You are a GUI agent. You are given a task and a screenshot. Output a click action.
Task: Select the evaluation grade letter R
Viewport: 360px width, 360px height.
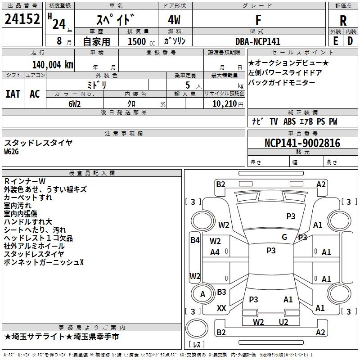pyautogui.click(x=343, y=20)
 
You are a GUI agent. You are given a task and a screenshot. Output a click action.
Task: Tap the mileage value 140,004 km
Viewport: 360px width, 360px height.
pyautogui.click(x=53, y=64)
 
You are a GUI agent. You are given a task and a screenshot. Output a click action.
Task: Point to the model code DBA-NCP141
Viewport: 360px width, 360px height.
pyautogui.click(x=258, y=41)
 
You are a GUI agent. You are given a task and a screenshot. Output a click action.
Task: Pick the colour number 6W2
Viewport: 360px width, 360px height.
pyautogui.click(x=74, y=103)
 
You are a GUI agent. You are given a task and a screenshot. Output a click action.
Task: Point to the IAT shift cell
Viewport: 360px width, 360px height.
pyautogui.click(x=13, y=94)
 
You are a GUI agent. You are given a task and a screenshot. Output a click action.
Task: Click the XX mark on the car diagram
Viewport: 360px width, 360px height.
pyautogui.click(x=221, y=308)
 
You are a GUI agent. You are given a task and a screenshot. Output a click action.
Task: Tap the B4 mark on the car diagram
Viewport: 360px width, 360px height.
pyautogui.click(x=194, y=240)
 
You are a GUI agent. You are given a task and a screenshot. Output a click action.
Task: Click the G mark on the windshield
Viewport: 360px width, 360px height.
pyautogui.click(x=284, y=237)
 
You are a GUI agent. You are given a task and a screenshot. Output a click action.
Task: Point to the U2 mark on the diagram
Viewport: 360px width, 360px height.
pyautogui.click(x=283, y=322)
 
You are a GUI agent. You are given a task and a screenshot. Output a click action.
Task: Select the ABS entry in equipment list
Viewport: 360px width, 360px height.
pyautogui.click(x=289, y=121)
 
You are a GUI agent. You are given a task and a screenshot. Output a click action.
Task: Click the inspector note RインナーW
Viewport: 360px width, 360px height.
pyautogui.click(x=25, y=181)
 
